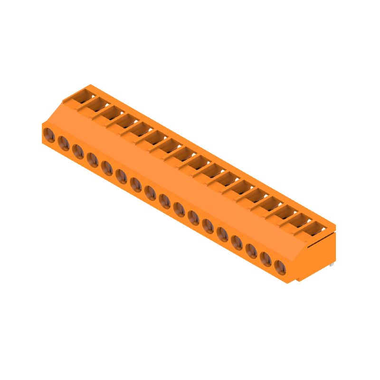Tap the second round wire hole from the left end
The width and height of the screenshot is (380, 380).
(64, 142)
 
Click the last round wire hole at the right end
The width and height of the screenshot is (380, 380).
(281, 268)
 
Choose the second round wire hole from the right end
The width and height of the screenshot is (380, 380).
(266, 259)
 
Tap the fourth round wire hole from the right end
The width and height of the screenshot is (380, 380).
(237, 242)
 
